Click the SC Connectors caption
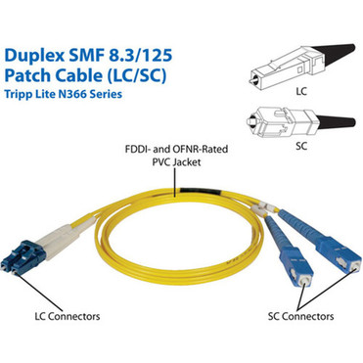(300, 317)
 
